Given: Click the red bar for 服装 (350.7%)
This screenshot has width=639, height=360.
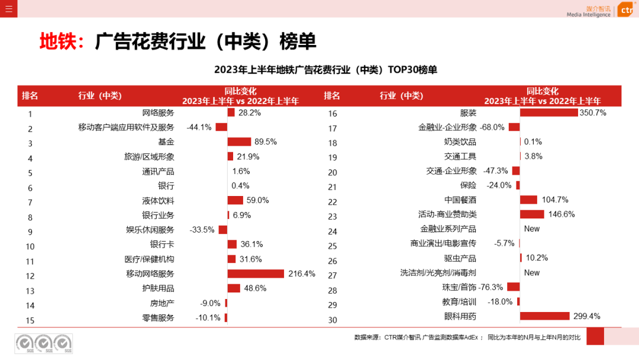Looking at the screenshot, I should [548, 112].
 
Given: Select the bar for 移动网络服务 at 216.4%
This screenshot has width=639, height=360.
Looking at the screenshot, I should [256, 274].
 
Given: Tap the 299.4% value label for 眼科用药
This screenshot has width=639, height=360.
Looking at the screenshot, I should [586, 316].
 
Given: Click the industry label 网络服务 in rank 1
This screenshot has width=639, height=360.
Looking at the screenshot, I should [158, 112].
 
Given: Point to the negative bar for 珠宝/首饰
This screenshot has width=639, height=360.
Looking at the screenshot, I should [513, 287].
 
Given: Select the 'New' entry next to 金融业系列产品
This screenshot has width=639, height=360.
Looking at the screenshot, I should [531, 229].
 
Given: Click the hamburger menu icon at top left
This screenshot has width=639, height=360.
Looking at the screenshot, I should [8, 8].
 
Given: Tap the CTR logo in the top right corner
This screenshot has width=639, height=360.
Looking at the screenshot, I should [625, 10].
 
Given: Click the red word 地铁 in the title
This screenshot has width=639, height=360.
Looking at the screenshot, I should [57, 41].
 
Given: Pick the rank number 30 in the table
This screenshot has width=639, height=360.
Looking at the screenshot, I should [333, 320].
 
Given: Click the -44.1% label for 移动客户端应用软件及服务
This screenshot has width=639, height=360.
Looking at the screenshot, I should [199, 127].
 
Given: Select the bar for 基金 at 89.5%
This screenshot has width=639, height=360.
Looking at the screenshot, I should [239, 142].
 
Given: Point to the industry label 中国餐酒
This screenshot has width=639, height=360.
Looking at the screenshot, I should [460, 200].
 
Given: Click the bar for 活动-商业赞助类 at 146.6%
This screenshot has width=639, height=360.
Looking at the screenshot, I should [532, 214].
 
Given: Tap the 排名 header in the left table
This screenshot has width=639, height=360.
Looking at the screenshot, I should [30, 96].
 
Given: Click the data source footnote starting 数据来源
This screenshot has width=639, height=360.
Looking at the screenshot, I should [467, 337].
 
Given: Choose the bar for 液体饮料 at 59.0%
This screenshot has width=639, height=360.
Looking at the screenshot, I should [235, 200].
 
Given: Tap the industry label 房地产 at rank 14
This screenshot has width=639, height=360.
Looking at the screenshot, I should [162, 303].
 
